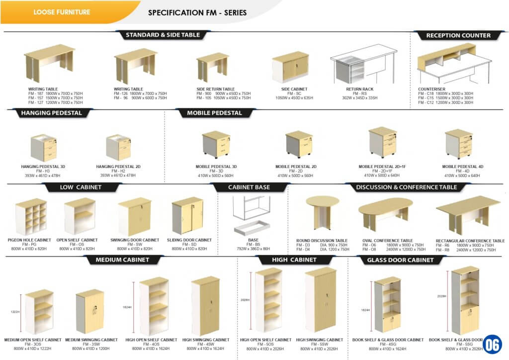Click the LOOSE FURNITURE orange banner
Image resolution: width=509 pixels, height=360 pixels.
click(62, 12)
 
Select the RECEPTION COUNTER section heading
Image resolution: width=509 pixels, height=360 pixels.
click(458, 35)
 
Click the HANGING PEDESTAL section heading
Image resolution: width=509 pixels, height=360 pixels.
click(51, 113)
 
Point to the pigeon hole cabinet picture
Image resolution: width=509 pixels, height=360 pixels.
click(31, 217)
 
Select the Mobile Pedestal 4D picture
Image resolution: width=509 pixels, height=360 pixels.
click(458, 144)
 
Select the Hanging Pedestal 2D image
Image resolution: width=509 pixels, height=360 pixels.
click(118, 148)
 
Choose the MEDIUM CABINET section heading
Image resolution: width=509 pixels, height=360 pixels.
click(122, 260)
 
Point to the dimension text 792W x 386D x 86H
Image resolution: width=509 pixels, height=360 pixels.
click(253, 249)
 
